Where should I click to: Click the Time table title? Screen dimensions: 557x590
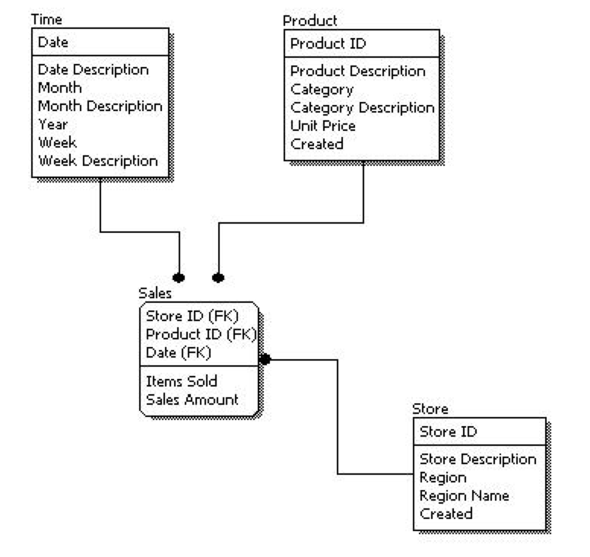click(x=46, y=18)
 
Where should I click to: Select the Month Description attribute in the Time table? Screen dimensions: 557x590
click(x=100, y=106)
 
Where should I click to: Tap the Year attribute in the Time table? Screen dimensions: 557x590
click(x=53, y=124)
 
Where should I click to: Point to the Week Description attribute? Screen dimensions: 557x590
click(x=98, y=161)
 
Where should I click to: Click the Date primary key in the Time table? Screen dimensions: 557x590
click(x=53, y=43)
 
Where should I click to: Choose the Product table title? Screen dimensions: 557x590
click(x=309, y=20)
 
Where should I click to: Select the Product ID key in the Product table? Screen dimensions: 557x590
click(x=328, y=43)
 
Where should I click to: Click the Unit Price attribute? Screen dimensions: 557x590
click(x=323, y=126)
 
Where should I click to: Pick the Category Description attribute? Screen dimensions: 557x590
click(x=362, y=107)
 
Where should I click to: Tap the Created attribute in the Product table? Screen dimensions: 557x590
click(x=317, y=144)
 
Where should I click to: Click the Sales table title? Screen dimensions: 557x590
click(x=155, y=293)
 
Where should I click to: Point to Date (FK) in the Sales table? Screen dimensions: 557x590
click(x=178, y=352)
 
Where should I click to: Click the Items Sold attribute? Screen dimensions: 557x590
click(x=181, y=382)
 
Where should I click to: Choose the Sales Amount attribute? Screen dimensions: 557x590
click(x=192, y=399)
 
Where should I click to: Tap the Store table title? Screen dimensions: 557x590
click(x=430, y=409)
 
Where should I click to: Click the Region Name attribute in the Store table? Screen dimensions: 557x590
click(x=464, y=495)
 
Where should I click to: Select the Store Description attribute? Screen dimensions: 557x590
click(x=477, y=459)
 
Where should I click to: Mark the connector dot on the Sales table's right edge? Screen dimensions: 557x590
click(x=265, y=359)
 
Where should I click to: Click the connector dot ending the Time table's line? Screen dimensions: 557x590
click(x=179, y=277)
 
